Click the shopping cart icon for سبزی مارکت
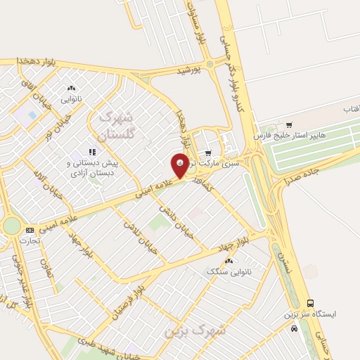click(207, 153)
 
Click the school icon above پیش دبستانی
click(91, 151)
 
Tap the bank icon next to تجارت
click(30, 230)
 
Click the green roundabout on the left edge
click(11, 226)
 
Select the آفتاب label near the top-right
click(350, 110)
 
